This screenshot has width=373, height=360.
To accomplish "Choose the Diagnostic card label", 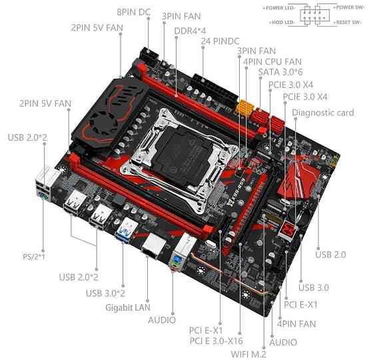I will coord(322,113).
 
